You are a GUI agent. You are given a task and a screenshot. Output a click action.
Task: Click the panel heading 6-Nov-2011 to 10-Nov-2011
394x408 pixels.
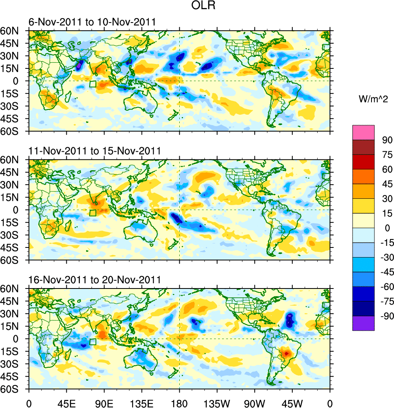(x=92, y=22)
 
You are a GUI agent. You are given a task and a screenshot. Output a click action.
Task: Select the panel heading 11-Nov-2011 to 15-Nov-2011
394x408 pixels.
(x=94, y=151)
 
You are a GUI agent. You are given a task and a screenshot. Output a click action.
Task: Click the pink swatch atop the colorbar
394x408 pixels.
(x=363, y=132)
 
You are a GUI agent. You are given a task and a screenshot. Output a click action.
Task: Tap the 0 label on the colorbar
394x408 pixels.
(x=388, y=228)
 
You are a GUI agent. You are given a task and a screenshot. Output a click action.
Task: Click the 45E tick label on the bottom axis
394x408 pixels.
(x=66, y=402)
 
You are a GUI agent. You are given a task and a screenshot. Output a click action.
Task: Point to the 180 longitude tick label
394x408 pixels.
(x=179, y=402)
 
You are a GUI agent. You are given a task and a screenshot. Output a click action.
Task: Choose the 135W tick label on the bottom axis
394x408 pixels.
(x=217, y=402)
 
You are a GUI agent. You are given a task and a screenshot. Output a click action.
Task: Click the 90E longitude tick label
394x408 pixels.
(x=104, y=402)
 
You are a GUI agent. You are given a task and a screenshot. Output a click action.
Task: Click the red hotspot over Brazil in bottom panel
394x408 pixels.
(x=286, y=353)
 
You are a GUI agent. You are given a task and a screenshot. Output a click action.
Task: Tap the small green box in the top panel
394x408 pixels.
(x=93, y=84)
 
